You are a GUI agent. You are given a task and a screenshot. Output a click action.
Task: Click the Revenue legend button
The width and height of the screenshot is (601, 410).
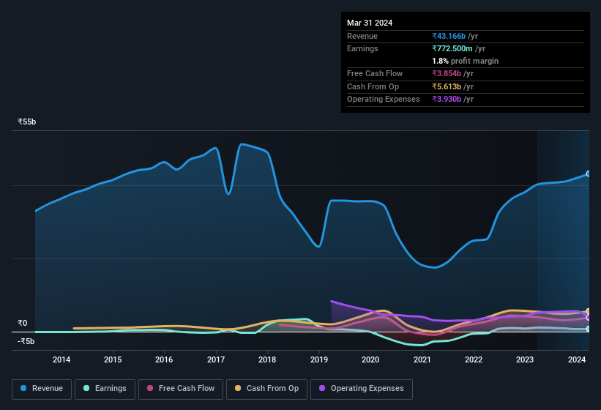coord(42,388)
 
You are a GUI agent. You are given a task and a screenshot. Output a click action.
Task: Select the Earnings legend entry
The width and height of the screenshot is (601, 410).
coord(105,388)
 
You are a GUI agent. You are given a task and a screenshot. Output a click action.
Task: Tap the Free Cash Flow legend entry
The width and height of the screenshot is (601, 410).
coord(180,388)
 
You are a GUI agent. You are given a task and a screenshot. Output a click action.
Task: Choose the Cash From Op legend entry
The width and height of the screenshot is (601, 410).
coord(266,388)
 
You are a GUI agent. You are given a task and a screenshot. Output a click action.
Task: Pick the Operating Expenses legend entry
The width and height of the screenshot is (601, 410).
coord(361,388)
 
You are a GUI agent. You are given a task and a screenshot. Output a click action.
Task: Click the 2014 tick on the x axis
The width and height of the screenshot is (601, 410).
coord(61,359)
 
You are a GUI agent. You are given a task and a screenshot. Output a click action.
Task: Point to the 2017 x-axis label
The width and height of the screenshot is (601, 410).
coord(216,359)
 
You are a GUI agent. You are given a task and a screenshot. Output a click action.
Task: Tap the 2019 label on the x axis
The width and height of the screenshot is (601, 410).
coord(319,359)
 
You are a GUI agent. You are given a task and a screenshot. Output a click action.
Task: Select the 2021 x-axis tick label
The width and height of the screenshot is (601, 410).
coord(422,359)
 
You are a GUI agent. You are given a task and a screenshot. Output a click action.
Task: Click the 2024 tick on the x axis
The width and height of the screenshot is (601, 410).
coord(577,359)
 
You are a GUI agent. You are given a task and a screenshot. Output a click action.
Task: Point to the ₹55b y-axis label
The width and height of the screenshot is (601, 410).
coord(27,122)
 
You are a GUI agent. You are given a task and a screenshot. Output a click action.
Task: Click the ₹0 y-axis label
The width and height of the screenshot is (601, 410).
coord(23,323)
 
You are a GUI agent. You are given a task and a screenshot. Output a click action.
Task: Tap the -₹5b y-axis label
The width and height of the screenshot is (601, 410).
coord(26,341)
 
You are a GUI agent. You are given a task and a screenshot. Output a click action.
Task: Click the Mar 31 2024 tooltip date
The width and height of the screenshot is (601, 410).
coord(370,23)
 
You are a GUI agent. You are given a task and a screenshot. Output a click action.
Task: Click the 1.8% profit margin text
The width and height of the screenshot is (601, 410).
coord(465,61)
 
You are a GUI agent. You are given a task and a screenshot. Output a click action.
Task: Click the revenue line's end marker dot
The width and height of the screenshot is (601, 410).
coord(589,174)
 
